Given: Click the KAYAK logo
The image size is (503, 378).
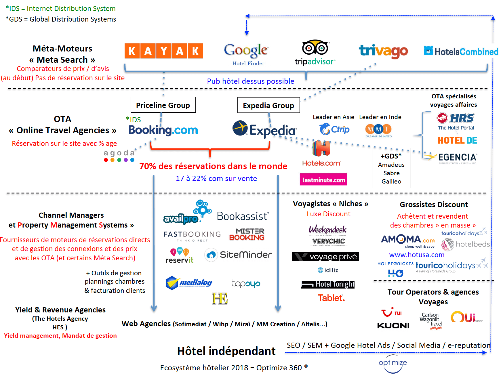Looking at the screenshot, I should [164, 51].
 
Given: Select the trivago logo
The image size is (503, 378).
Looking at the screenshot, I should [383, 51].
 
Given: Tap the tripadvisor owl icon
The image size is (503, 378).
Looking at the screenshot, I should [315, 47].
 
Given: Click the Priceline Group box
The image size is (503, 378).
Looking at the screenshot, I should [163, 105].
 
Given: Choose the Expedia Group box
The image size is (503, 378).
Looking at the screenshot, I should [268, 105].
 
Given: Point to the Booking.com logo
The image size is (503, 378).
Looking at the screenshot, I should [163, 130].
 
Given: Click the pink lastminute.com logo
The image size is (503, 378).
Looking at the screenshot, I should [323, 180].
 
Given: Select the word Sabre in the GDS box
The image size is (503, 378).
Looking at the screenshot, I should [391, 173].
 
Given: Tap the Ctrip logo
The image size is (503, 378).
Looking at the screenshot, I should [334, 129].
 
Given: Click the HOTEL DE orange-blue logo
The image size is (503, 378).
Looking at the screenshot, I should [457, 140].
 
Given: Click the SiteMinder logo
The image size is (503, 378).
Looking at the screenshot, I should [238, 255].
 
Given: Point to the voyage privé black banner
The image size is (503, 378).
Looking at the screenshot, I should [325, 257].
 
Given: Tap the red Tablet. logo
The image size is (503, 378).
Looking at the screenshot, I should [331, 298].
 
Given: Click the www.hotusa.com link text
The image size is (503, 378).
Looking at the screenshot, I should [417, 255].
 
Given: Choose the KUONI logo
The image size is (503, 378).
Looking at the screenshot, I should [393, 326].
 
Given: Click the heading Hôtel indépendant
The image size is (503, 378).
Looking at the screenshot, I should [226, 351].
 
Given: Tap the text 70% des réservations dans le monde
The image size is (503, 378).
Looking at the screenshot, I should [213, 166].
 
